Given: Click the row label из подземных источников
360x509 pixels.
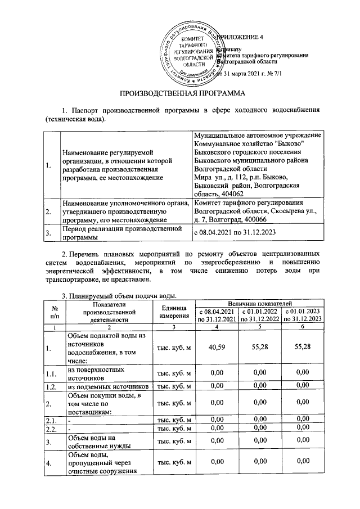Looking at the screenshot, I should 108,386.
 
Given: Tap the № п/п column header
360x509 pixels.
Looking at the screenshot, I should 55,311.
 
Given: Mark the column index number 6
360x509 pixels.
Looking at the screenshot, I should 303,326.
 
